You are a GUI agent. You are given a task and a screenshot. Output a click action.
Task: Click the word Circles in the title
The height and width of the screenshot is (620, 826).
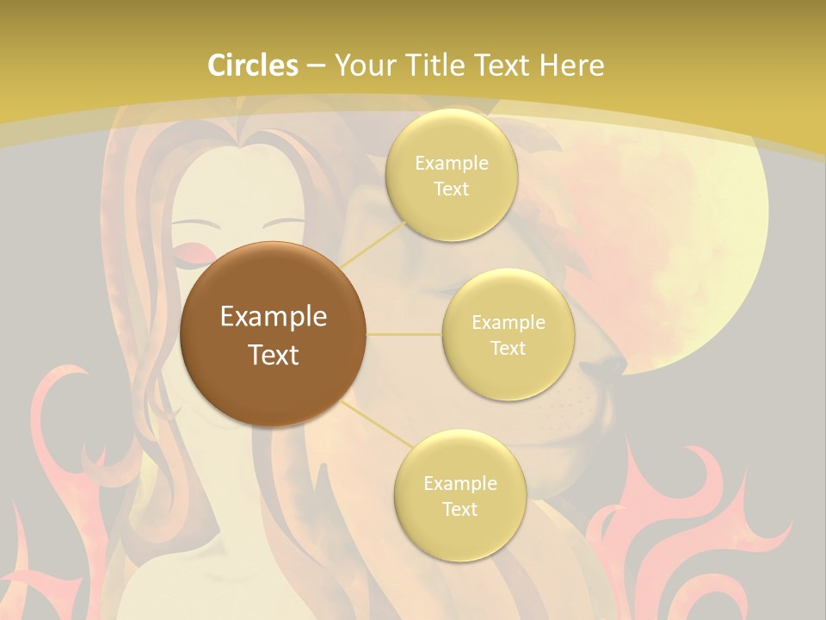(253, 65)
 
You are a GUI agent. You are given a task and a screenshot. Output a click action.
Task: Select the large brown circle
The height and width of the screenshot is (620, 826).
(273, 334)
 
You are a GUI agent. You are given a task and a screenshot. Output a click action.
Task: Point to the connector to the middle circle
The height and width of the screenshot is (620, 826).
(404, 333)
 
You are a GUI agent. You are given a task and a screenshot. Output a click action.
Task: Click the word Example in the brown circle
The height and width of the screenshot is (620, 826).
(273, 317)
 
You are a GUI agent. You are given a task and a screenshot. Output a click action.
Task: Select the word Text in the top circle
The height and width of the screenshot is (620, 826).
(451, 189)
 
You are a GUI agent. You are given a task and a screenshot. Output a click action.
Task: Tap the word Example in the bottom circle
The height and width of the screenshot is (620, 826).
(459, 483)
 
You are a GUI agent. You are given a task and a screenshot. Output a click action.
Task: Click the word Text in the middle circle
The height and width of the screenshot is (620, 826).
(508, 348)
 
